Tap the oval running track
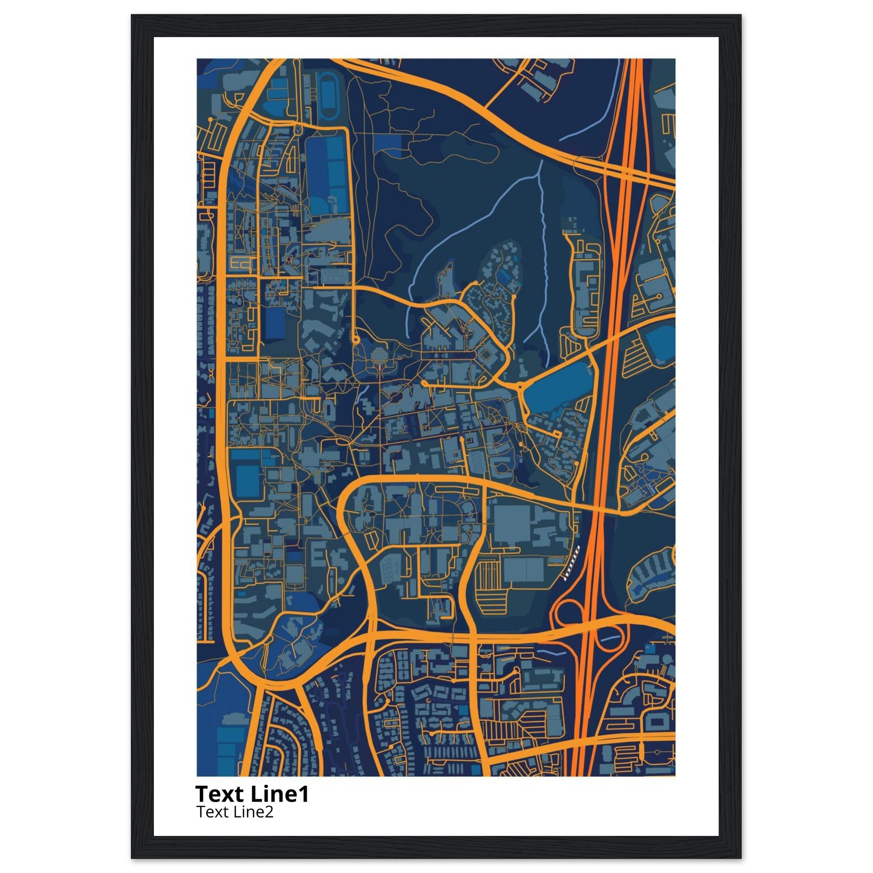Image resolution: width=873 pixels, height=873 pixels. (x=327, y=95)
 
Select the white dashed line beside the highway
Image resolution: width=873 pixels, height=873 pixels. (x=572, y=562)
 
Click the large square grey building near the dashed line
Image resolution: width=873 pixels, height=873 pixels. (x=512, y=524)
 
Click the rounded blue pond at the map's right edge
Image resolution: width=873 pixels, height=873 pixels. (x=661, y=344)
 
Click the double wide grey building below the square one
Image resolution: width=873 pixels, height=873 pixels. (x=523, y=569)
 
